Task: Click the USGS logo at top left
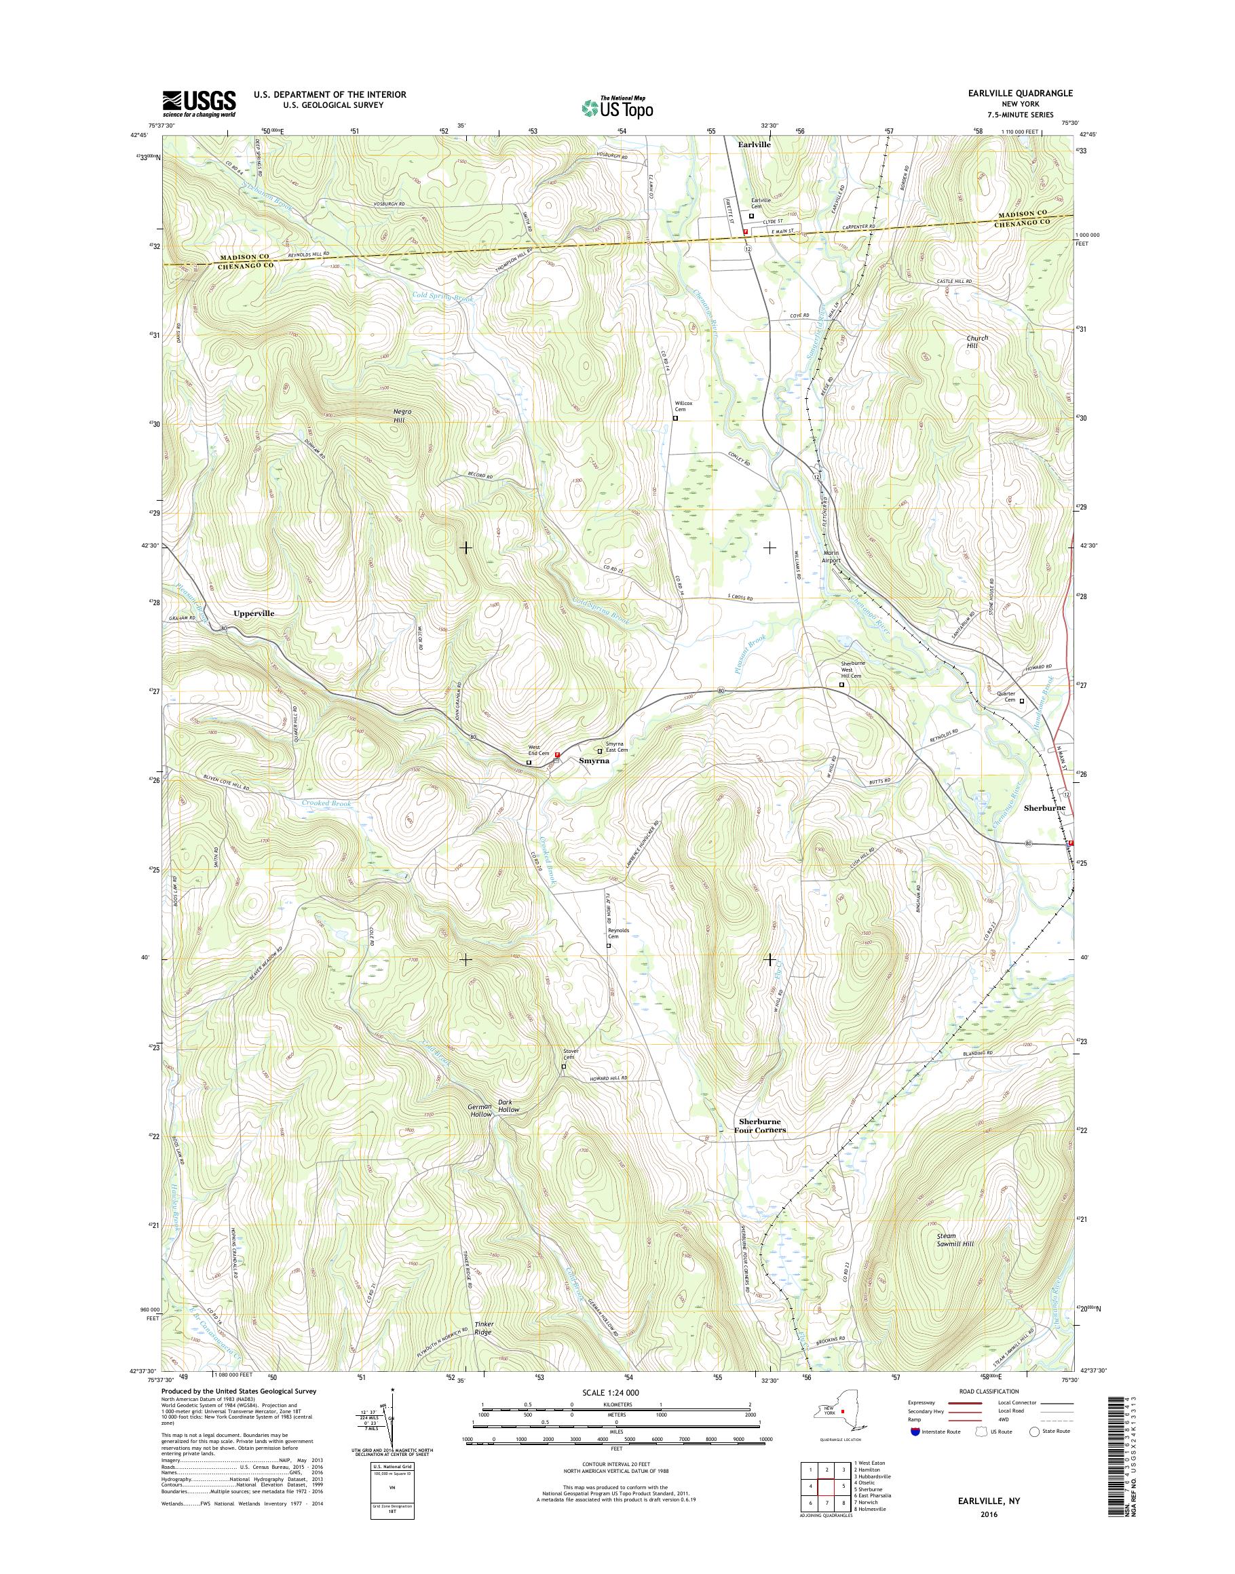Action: [199, 103]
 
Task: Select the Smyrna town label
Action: [594, 761]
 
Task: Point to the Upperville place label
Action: [254, 613]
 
